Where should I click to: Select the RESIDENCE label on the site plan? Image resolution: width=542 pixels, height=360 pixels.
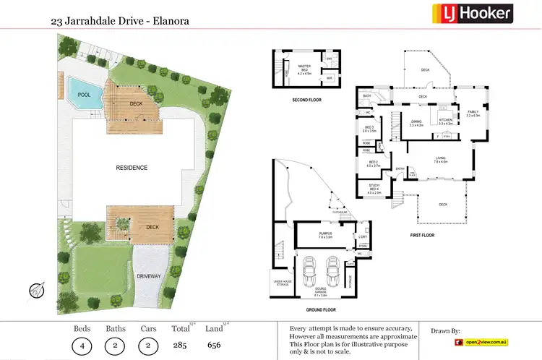click(132, 168)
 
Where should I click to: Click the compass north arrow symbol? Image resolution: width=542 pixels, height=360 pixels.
click(35, 291)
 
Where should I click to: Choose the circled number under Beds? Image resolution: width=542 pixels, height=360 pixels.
click(82, 346)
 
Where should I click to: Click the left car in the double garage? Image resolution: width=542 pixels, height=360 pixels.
click(311, 273)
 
